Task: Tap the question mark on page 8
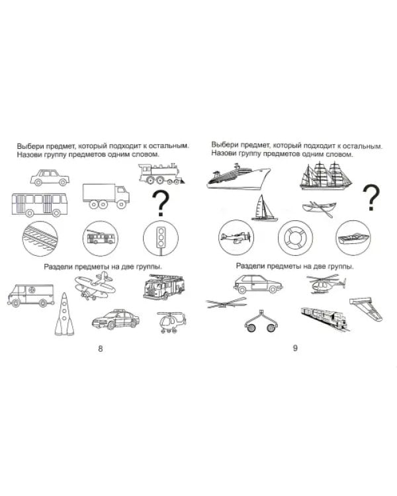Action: (161, 203)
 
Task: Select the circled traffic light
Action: (161, 238)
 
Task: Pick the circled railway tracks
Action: (40, 238)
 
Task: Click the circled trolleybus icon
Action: (101, 238)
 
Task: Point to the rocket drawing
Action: (64, 314)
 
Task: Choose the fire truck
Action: (163, 286)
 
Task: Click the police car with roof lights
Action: (116, 319)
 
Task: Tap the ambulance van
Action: (31, 296)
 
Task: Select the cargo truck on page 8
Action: (106, 196)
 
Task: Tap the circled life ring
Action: (295, 238)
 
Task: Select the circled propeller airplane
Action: (236, 237)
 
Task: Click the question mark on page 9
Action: (371, 198)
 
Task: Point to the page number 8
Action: (101, 349)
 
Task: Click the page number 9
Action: (295, 348)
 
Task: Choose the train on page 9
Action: (326, 319)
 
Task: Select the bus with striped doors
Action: (40, 204)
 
